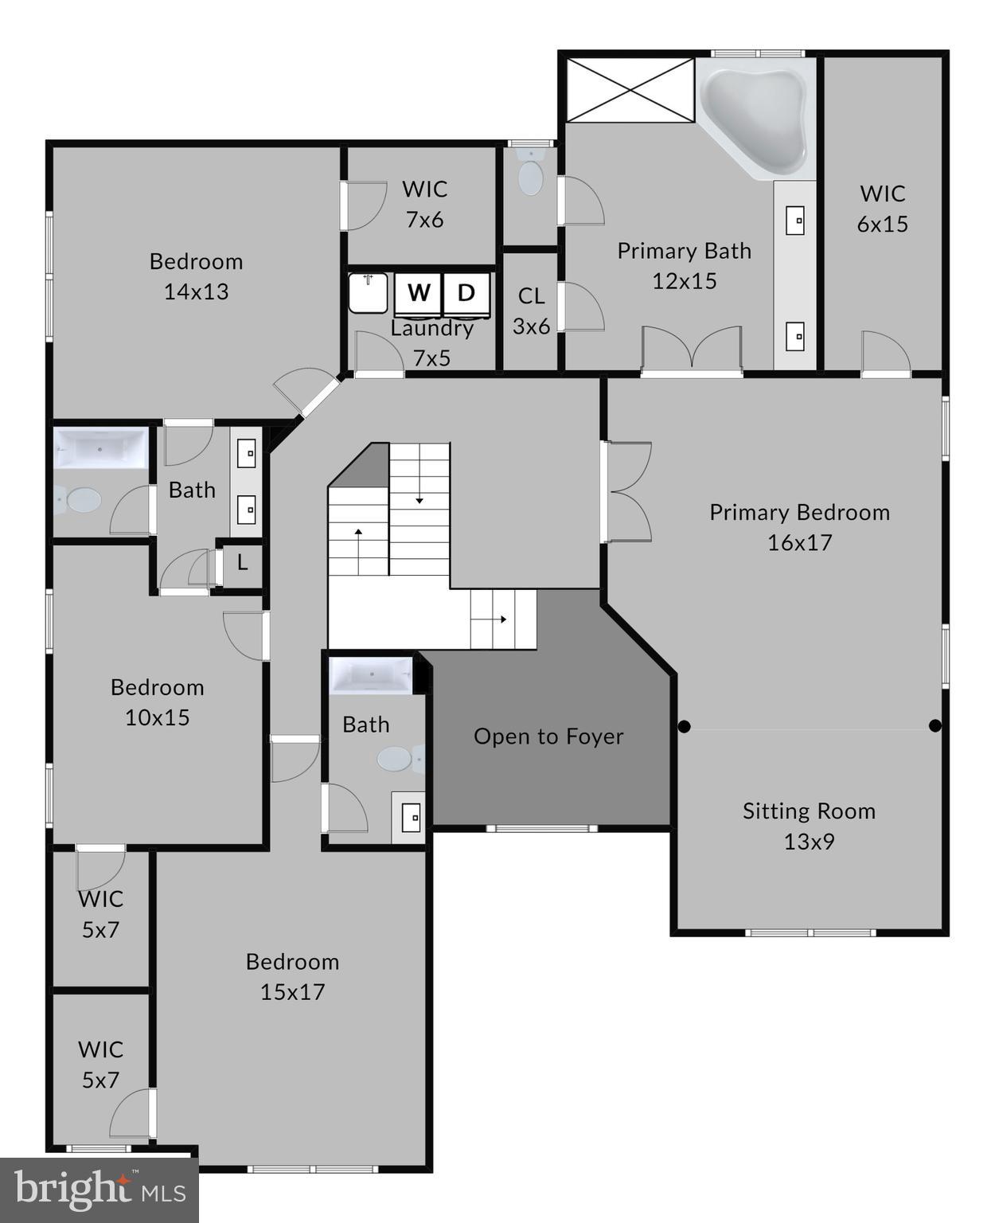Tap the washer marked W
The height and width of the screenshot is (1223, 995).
(418, 293)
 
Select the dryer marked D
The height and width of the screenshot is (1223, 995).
(466, 293)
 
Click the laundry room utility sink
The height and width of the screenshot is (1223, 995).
(368, 292)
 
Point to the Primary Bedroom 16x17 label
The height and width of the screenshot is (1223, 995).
(799, 527)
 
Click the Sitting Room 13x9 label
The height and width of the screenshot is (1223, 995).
(809, 826)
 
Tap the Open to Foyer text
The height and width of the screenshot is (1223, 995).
(548, 737)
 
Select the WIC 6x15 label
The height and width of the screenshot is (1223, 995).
(882, 209)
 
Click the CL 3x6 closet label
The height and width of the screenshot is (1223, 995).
(531, 311)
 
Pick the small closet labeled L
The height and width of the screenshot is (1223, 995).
(242, 564)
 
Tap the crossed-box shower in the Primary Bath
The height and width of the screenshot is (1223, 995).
(630, 90)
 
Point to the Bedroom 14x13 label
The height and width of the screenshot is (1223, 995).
(196, 276)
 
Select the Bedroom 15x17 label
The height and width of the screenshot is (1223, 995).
(292, 976)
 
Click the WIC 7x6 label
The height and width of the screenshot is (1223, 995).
(424, 204)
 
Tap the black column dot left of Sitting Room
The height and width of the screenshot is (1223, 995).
(684, 726)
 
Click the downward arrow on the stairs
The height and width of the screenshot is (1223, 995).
(419, 500)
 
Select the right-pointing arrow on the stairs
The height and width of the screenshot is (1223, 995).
(502, 619)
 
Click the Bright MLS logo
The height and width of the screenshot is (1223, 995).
(99, 1190)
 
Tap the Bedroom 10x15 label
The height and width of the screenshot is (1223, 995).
(157, 701)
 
